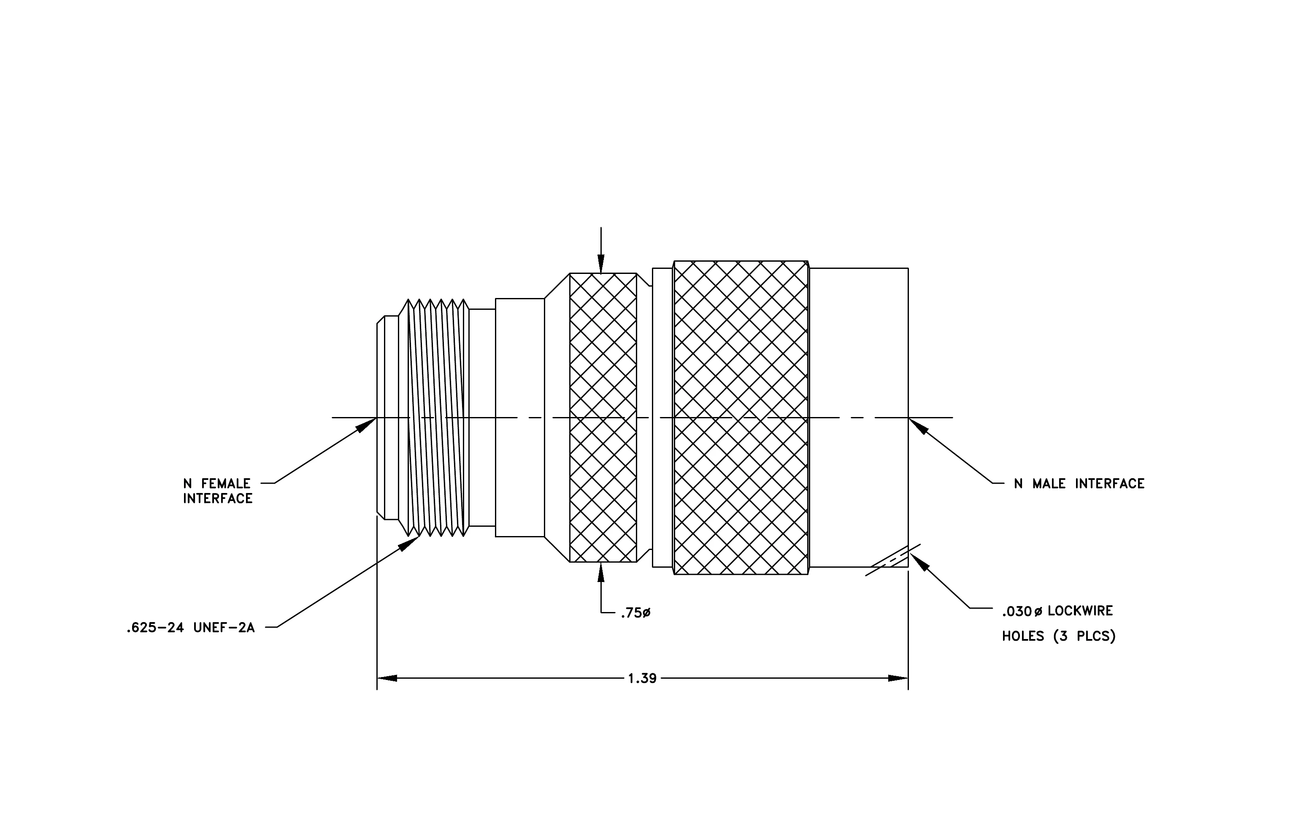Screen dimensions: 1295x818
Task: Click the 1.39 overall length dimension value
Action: point(642,678)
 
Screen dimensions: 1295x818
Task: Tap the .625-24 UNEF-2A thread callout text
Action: point(190,628)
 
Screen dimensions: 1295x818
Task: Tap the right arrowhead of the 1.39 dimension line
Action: point(898,678)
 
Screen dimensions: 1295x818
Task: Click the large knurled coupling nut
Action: point(741,418)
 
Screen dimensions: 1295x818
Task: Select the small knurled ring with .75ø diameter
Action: point(603,418)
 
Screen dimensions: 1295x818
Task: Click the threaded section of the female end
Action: point(434,418)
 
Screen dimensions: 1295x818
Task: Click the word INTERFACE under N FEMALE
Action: point(218,498)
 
